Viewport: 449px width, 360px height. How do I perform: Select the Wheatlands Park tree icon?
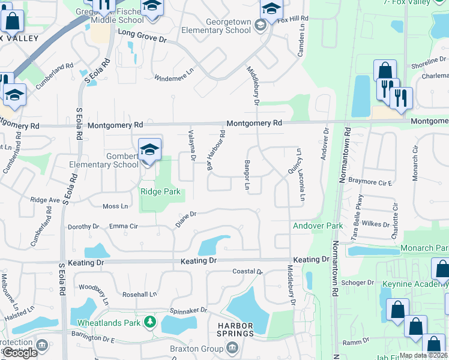click(149, 323)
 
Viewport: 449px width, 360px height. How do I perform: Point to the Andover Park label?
click(318, 226)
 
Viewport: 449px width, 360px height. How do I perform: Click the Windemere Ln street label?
click(174, 77)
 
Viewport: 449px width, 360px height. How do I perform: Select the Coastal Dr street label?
click(248, 271)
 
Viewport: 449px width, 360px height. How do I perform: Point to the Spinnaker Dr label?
click(187, 310)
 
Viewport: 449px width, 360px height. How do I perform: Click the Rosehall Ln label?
click(139, 295)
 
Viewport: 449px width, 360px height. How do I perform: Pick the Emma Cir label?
click(124, 226)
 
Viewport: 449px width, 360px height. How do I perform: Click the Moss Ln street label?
click(115, 206)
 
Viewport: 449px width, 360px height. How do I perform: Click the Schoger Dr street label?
click(357, 282)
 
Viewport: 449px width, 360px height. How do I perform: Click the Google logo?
click(20, 353)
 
